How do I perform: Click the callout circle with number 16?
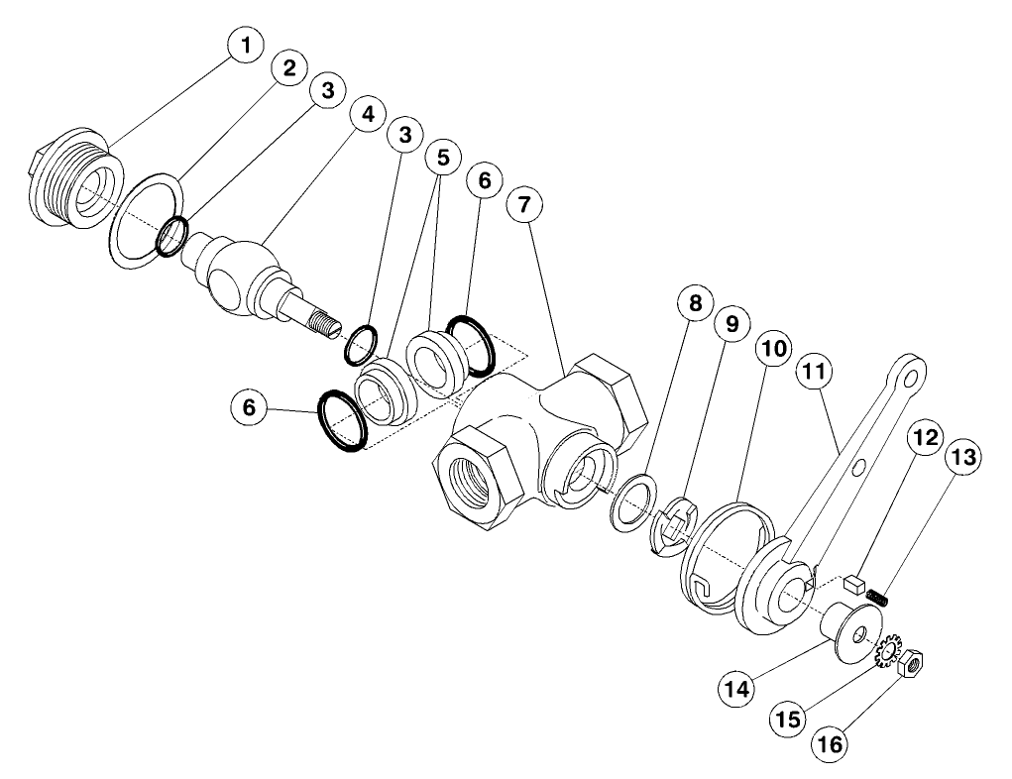click(832, 743)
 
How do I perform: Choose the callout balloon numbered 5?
click(443, 160)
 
